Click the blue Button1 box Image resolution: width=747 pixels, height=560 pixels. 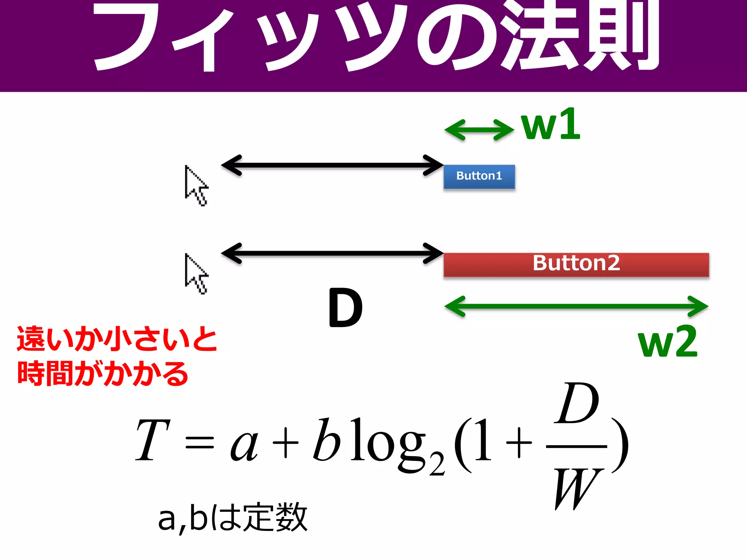479,176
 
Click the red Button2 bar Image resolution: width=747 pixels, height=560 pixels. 576,264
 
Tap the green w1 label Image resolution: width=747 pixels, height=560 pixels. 550,125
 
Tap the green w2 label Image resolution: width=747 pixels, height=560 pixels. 667,342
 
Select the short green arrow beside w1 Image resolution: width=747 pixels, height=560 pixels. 479,130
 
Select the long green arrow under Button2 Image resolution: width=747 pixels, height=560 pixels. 576,307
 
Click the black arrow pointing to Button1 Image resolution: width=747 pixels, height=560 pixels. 332,166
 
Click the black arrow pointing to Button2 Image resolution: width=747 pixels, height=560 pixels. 332,253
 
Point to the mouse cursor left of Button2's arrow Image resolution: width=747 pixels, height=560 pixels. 195,273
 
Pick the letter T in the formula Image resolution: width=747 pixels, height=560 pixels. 152,440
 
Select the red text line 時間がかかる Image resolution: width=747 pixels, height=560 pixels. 103,373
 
